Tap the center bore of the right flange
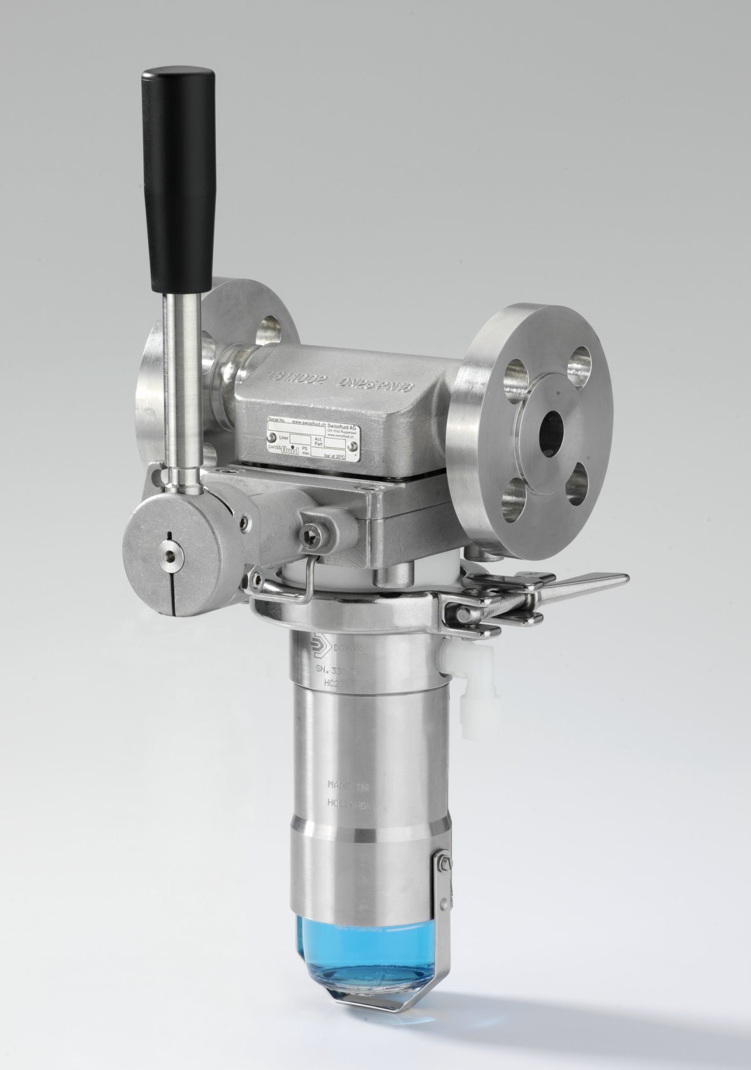click(551, 432)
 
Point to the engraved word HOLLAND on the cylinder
click(347, 803)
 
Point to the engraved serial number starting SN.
click(338, 668)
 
